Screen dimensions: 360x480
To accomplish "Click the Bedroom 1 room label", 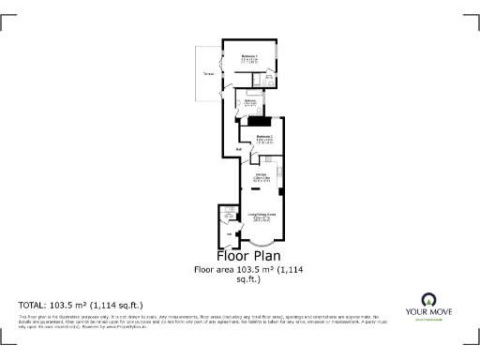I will [x=249, y=58].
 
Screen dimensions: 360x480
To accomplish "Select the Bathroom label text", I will [x=250, y=101].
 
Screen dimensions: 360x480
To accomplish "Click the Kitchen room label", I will [x=262, y=176].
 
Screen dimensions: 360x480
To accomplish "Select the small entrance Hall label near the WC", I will [x=229, y=233].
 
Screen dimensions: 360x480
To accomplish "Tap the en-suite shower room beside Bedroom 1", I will [x=268, y=79].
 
